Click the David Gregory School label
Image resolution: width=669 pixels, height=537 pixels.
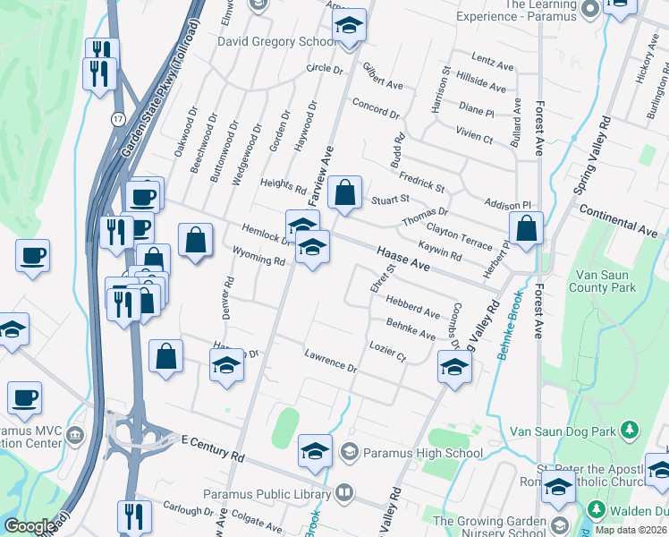click(x=265, y=42)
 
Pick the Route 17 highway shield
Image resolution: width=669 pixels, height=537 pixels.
click(x=118, y=118)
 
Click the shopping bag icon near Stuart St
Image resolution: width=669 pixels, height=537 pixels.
click(x=344, y=192)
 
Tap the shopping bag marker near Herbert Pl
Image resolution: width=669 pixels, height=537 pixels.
click(x=528, y=228)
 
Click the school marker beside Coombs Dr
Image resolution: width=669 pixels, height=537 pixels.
click(x=454, y=367)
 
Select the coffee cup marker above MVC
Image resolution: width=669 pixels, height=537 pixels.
click(x=25, y=395)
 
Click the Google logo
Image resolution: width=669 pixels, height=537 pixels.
click(x=30, y=526)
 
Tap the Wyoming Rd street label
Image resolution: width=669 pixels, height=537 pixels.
click(x=258, y=256)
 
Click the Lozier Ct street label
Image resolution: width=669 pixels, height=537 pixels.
click(x=388, y=351)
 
